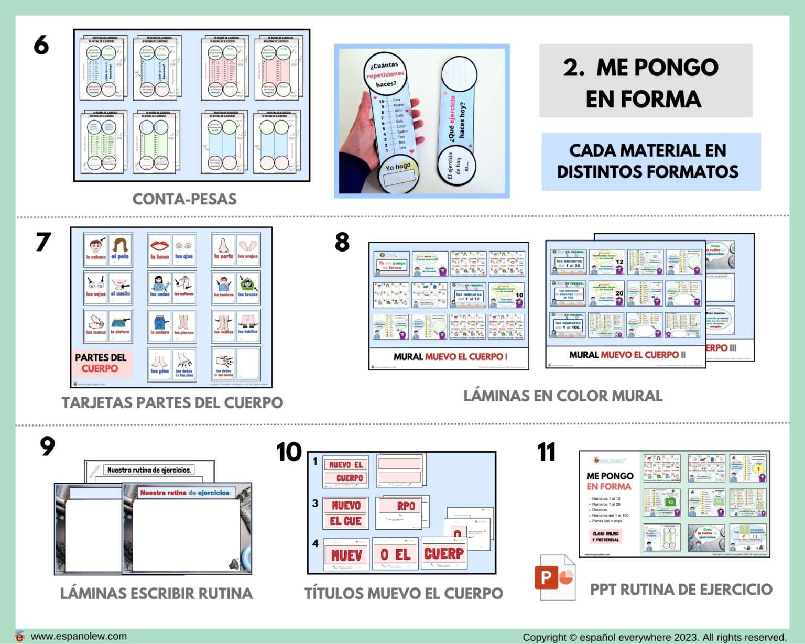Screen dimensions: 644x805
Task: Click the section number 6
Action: (41, 45)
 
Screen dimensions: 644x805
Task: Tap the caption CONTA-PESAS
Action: (184, 199)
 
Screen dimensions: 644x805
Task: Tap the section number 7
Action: (43, 242)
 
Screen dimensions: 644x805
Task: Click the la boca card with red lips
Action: (159, 249)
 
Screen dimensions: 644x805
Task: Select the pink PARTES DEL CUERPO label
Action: (101, 363)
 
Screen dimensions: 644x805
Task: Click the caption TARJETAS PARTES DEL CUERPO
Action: (172, 402)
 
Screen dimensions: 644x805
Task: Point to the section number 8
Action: (342, 242)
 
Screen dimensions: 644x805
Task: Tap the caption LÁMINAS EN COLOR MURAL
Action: (562, 396)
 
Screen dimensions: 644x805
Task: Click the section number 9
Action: (47, 446)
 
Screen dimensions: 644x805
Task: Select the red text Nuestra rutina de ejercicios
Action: (184, 493)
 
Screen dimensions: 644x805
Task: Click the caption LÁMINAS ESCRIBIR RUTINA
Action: (156, 593)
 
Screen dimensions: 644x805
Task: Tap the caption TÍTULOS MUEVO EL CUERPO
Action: (404, 593)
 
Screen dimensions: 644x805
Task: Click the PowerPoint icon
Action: (554, 577)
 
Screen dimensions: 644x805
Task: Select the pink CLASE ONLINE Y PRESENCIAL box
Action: (605, 537)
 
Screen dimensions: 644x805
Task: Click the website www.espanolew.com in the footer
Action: (79, 636)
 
